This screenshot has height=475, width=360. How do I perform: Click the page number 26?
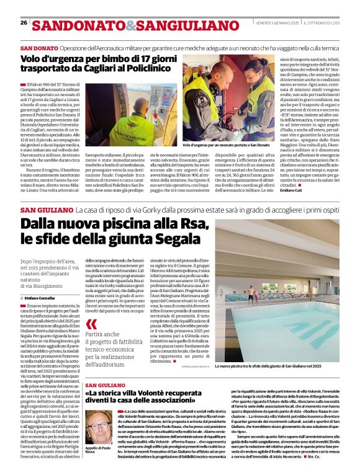point(24,23)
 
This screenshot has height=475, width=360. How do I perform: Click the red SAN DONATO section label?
point(39,48)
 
